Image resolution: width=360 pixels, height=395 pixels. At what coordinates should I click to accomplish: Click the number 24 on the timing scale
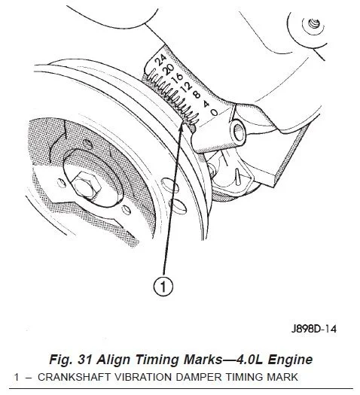click(x=161, y=60)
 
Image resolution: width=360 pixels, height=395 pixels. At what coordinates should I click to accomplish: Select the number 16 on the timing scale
click(x=178, y=77)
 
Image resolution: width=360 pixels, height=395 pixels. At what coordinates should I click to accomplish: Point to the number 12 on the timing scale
click(x=187, y=87)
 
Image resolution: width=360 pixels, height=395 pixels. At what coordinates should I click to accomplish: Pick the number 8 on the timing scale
click(x=197, y=95)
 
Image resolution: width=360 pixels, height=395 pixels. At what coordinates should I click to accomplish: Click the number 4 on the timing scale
click(x=206, y=103)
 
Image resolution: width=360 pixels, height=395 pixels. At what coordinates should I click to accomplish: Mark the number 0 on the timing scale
click(x=215, y=112)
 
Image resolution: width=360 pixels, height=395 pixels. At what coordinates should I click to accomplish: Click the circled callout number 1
click(x=163, y=287)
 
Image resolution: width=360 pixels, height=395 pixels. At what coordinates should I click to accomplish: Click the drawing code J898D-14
click(x=313, y=329)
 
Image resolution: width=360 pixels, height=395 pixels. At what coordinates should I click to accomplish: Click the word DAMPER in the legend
click(x=198, y=377)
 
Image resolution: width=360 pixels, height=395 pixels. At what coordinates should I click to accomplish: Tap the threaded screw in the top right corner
click(x=314, y=24)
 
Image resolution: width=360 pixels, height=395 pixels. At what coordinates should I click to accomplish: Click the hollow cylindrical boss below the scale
click(x=237, y=131)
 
